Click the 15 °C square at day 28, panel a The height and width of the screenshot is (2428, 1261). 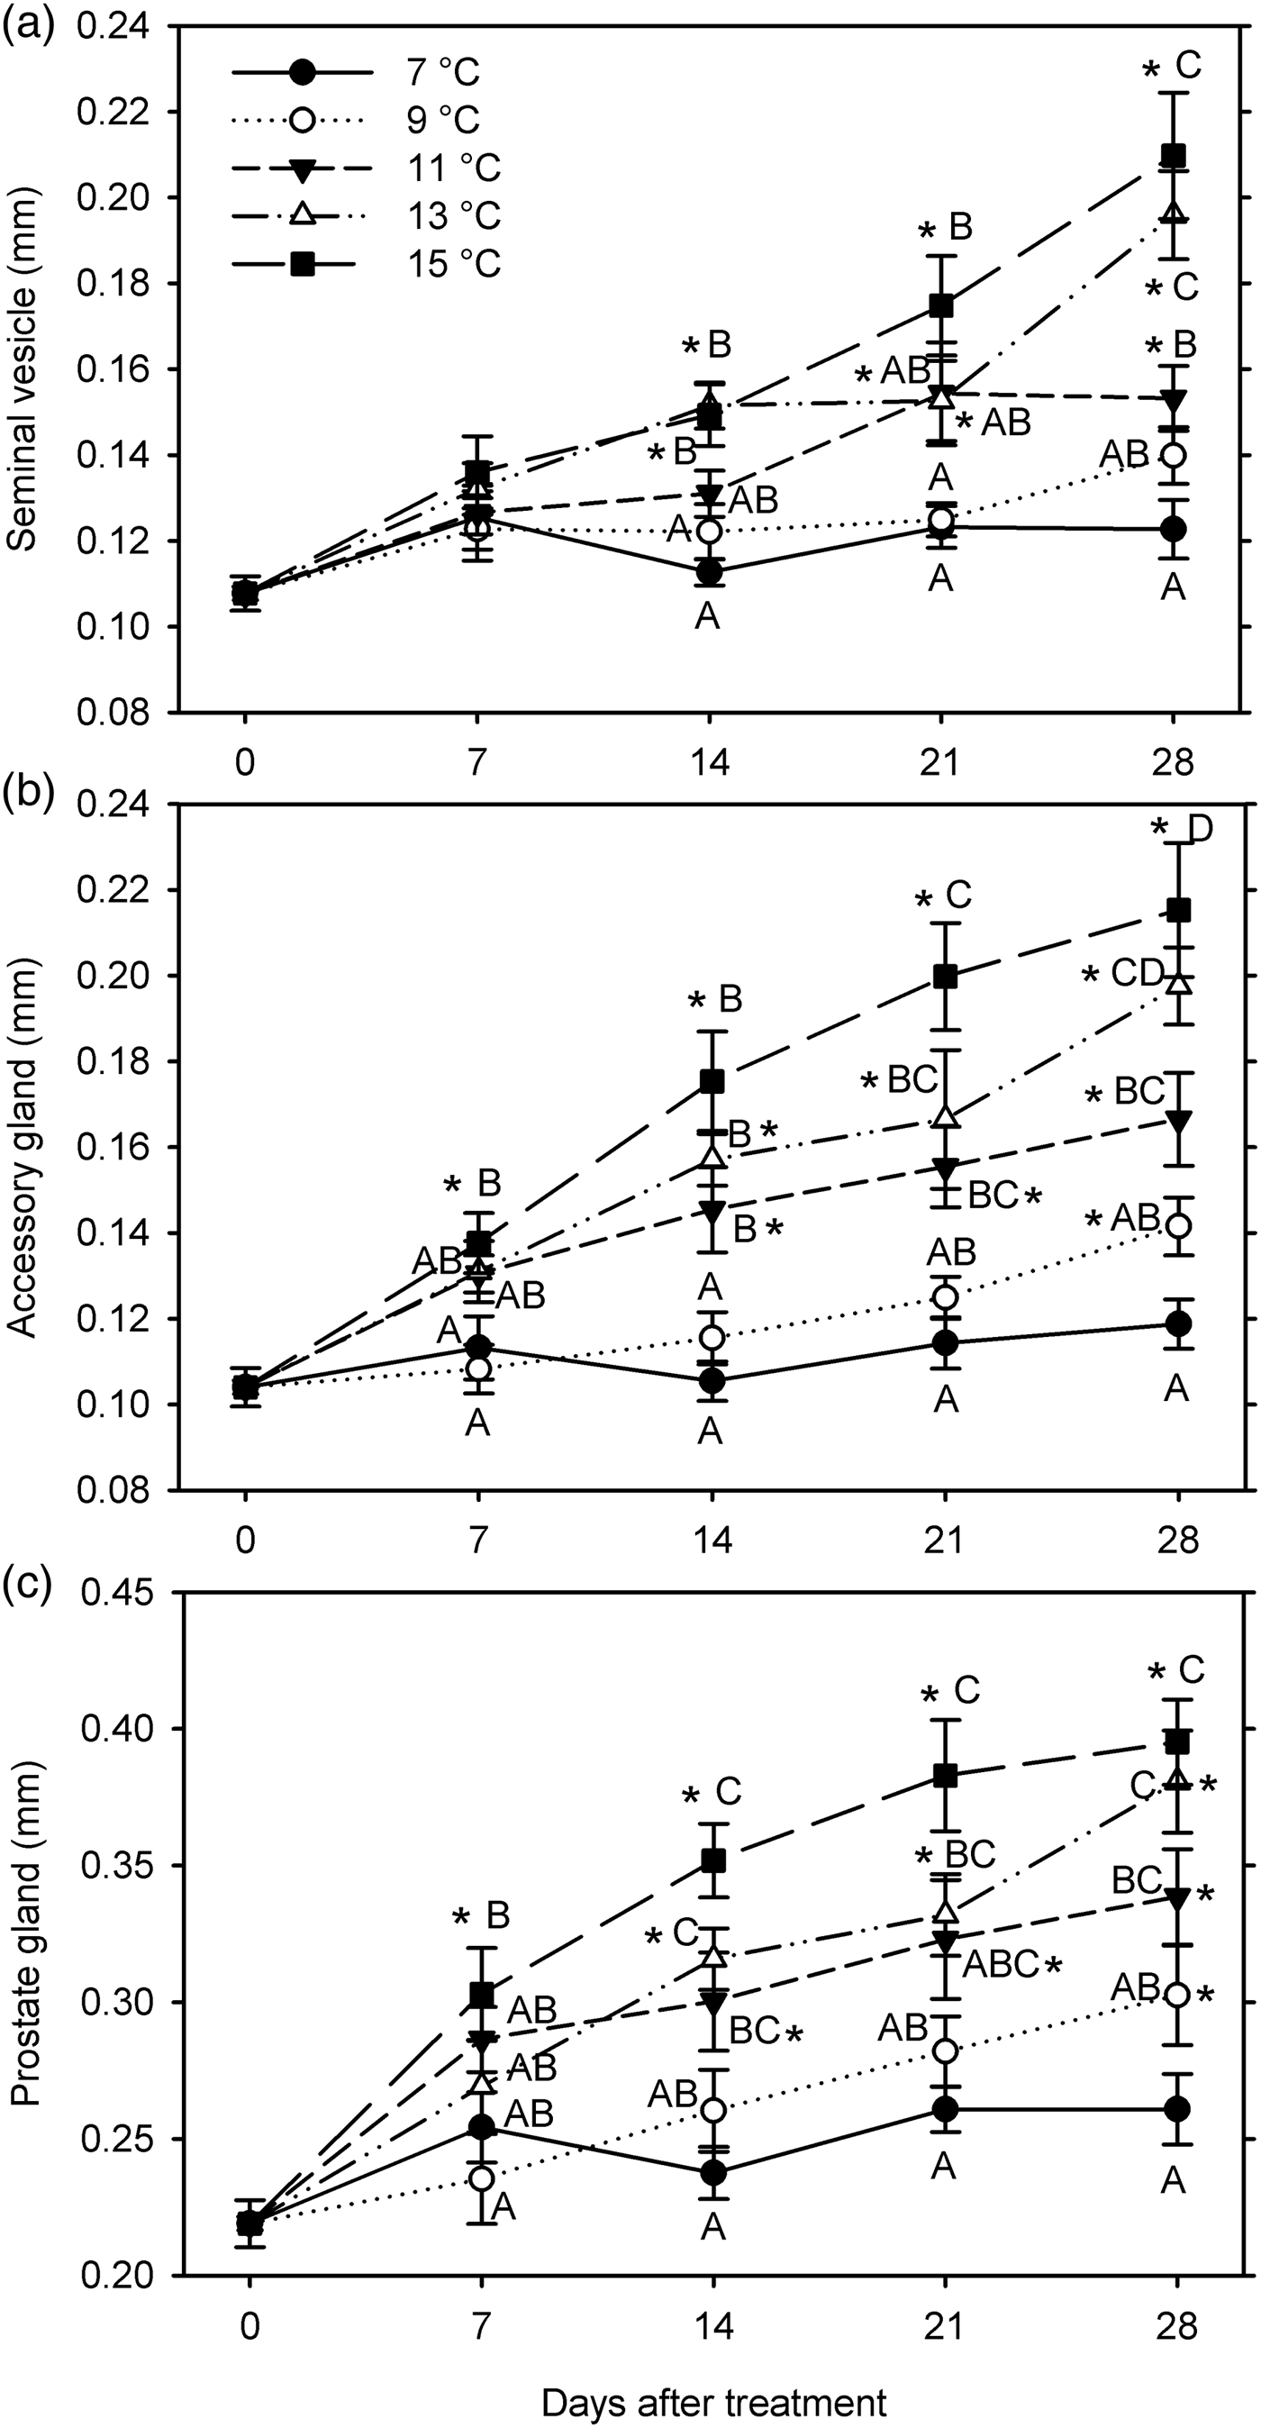1173,155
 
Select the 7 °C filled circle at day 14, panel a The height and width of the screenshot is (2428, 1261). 709,571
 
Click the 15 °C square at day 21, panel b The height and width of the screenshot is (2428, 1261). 945,977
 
